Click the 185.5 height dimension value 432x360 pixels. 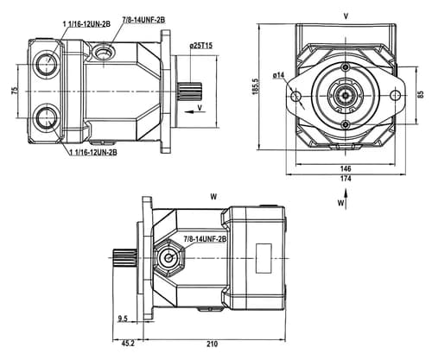tap(256, 86)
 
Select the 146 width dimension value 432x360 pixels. tap(346, 168)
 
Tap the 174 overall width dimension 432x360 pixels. tap(346, 179)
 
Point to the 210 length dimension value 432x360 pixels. tap(213, 344)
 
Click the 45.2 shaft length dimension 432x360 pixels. tap(128, 344)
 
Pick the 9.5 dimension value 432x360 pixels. tap(123, 319)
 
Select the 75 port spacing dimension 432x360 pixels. tap(15, 91)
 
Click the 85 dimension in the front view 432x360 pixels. tap(421, 94)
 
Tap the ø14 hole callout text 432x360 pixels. tap(278, 75)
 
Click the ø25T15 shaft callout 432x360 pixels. tap(201, 46)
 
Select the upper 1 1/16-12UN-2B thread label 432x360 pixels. tap(86, 24)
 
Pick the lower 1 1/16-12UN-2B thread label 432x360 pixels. tap(93, 152)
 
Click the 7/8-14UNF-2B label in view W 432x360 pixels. tap(205, 239)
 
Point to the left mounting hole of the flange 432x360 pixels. tap(295, 97)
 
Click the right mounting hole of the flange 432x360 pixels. tap(396, 95)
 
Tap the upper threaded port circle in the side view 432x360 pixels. tap(46, 63)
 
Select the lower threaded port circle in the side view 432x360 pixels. tap(46, 118)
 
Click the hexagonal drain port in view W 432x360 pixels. tap(168, 258)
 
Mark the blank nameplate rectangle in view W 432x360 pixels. tap(264, 258)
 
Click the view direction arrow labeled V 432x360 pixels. tap(193, 111)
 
